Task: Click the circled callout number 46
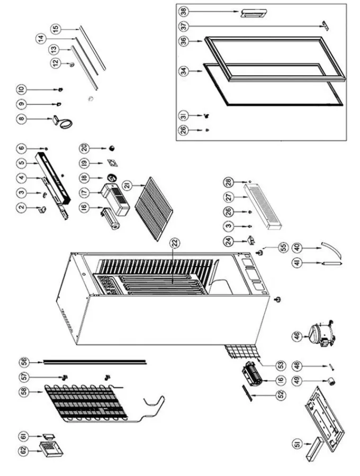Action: [x=297, y=336]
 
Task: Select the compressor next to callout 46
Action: [x=321, y=335]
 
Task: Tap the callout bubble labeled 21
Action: [x=128, y=185]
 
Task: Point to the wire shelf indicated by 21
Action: [x=154, y=209]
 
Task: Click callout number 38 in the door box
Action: [x=184, y=12]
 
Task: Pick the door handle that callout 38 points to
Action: [x=254, y=13]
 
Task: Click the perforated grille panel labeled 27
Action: [x=263, y=206]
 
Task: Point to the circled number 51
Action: [x=298, y=444]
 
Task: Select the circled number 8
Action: [x=21, y=118]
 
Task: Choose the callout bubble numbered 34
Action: [x=184, y=71]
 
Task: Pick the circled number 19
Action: [x=84, y=163]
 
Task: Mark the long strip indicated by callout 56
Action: [x=95, y=362]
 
